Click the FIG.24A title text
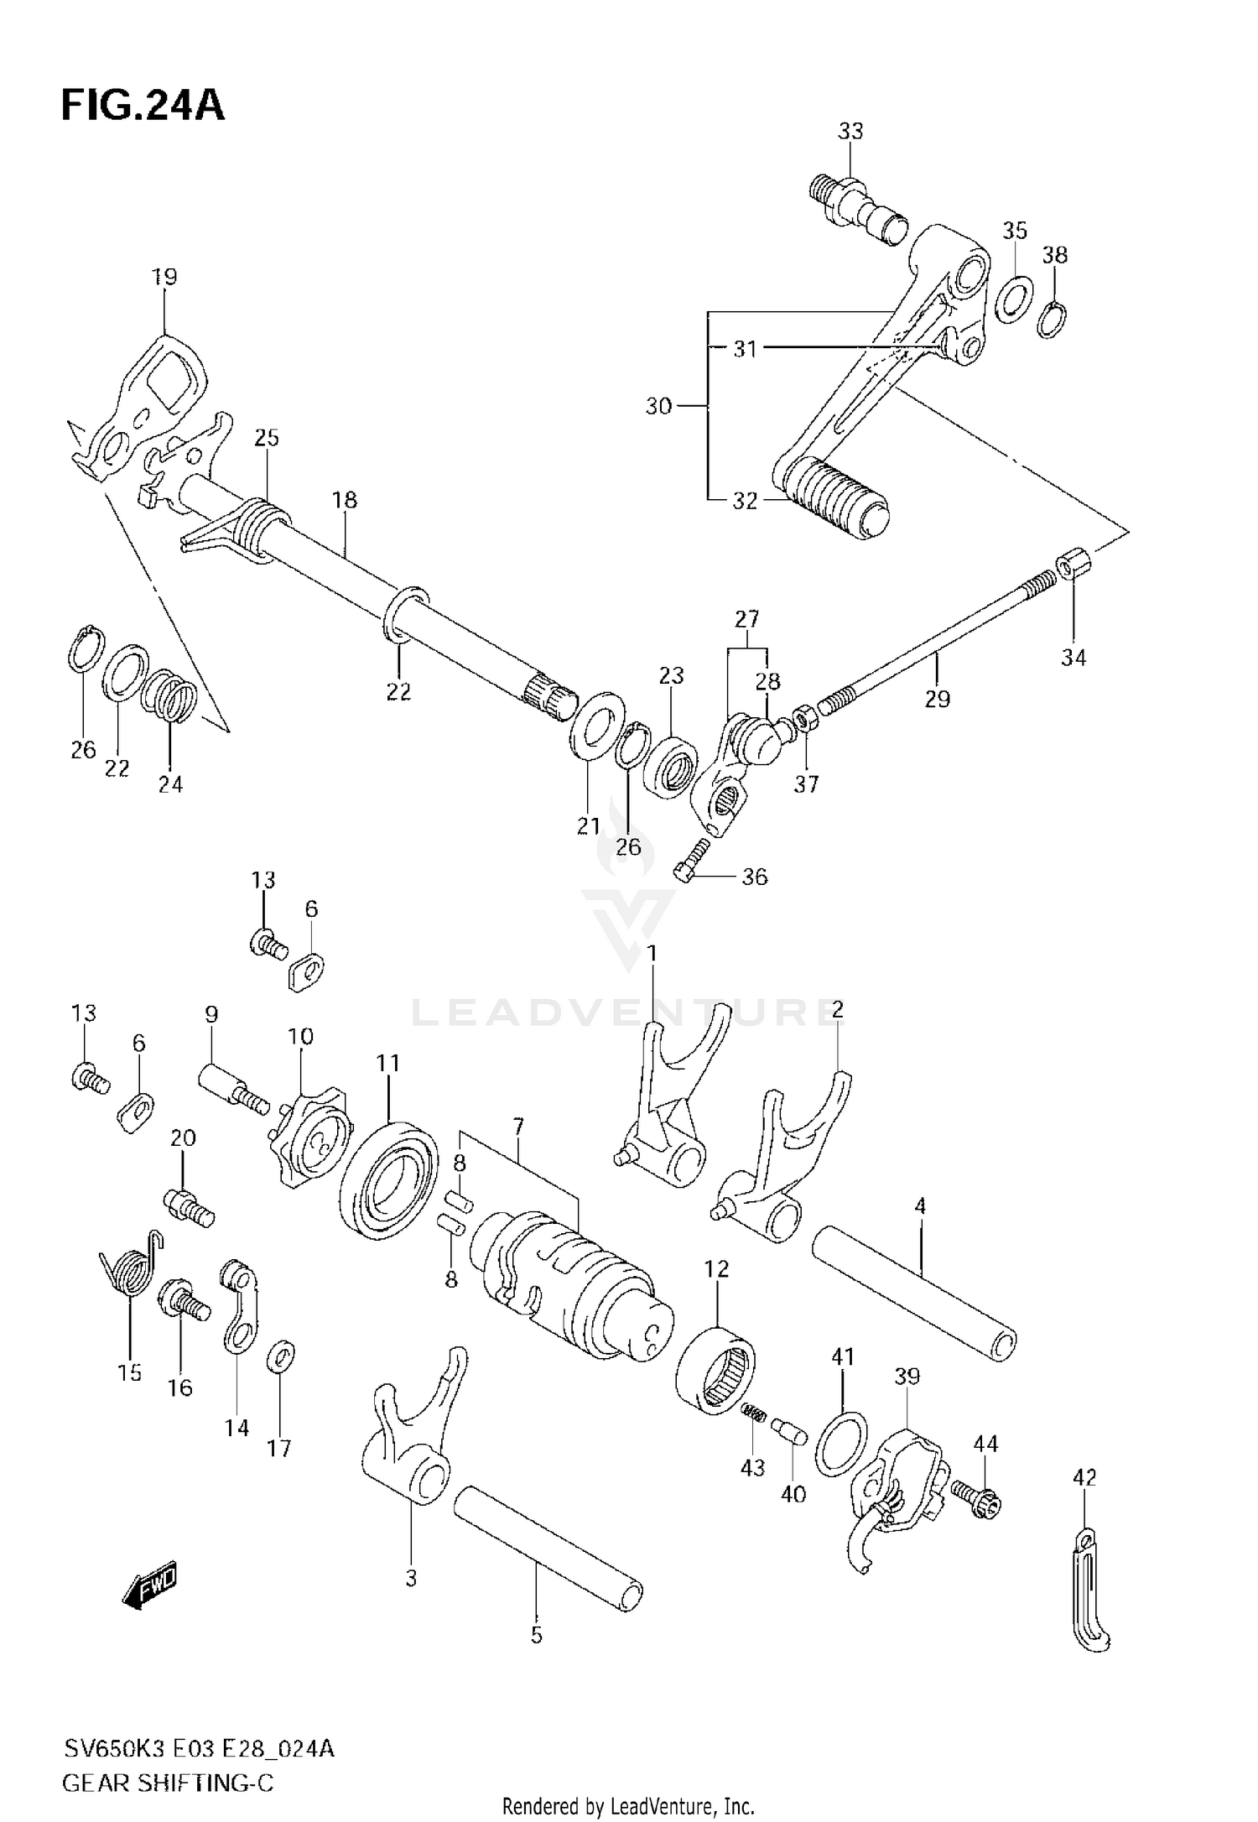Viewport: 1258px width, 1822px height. coord(143,107)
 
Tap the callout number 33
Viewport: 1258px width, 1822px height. coord(850,131)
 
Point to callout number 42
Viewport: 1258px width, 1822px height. coord(1084,1477)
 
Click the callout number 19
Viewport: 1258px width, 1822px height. coord(164,277)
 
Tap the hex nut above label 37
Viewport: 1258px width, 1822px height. coord(801,719)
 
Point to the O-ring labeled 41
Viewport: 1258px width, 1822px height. coord(841,1443)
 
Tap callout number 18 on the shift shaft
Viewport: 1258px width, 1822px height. coord(345,500)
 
